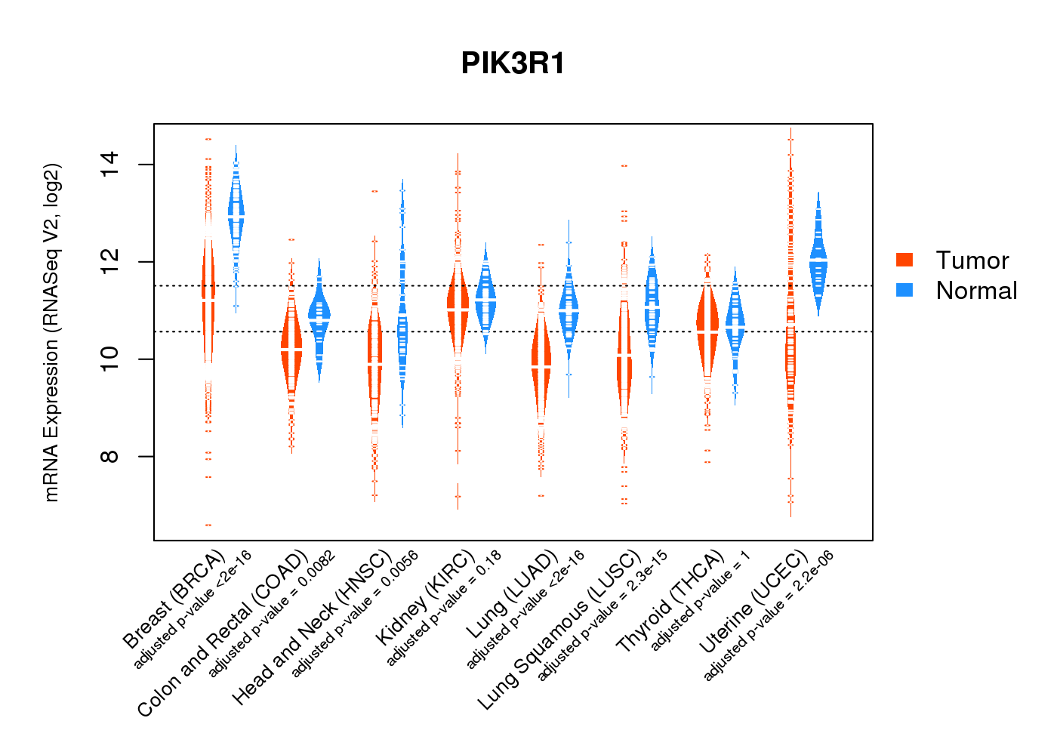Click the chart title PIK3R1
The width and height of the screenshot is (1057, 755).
tap(513, 64)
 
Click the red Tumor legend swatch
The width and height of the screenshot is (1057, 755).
tap(904, 260)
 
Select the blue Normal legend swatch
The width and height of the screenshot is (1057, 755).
tap(904, 290)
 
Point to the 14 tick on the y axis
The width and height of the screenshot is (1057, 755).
tap(110, 165)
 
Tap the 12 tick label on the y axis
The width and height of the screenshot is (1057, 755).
tap(110, 262)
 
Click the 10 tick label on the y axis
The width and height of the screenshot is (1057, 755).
tap(110, 359)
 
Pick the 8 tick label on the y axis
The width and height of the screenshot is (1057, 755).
tap(110, 456)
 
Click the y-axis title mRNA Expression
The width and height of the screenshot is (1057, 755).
tap(51, 332)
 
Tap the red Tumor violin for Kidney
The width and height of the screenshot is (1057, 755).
tap(458, 310)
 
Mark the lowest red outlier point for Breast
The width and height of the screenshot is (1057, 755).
tap(208, 525)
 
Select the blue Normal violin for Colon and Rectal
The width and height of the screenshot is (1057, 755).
tap(319, 317)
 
